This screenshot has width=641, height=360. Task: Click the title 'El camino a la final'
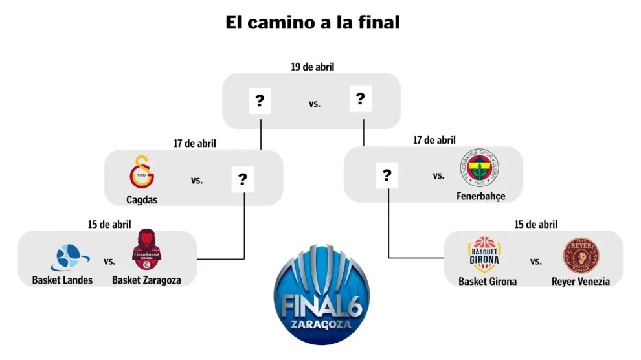313,23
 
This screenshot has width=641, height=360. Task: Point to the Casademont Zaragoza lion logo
146,253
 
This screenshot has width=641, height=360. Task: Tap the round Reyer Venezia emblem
580,254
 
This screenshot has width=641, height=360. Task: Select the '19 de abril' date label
312,66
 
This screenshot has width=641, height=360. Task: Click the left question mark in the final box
260,101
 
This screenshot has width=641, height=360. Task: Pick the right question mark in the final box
360,99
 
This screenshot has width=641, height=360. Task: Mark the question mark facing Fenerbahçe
387,175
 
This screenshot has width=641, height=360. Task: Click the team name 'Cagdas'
142,200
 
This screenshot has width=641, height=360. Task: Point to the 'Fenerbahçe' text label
480,196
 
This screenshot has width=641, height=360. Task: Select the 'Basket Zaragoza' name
146,280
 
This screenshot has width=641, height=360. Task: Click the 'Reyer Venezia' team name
580,282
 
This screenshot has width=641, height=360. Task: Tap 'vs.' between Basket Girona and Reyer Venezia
535,262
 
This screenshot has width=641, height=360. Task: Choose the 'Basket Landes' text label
62,280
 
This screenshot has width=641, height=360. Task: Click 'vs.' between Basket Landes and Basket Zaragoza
109,262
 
